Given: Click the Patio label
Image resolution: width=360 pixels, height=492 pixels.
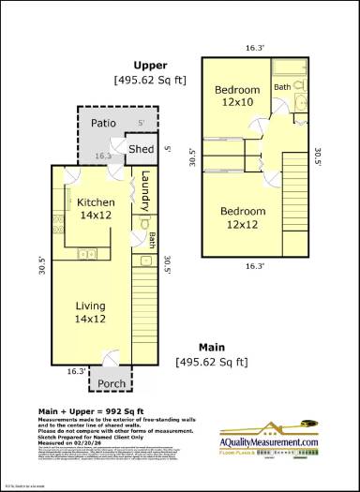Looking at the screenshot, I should tap(103, 123).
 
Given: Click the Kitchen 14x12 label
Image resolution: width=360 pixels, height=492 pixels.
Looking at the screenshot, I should tap(96, 209).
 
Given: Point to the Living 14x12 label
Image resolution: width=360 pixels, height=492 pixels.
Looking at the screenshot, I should tap(90, 312).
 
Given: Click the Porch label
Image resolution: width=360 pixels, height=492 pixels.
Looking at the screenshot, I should tap(112, 383).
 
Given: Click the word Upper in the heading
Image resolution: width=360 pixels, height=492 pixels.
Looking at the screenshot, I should tap(149, 66).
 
